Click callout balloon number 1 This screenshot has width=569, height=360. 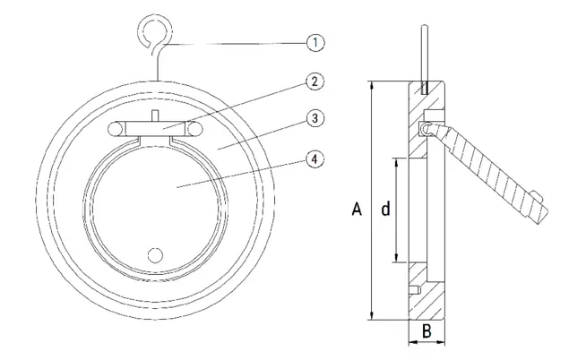(x=315, y=43)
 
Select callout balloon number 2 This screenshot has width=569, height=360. (x=315, y=81)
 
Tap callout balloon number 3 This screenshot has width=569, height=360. (x=315, y=118)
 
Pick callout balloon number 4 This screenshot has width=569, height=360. (x=315, y=159)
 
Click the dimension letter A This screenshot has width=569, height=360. (x=357, y=210)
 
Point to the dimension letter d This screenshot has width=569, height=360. (x=385, y=210)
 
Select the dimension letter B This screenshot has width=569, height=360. (x=427, y=331)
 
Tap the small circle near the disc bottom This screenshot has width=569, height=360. (x=155, y=255)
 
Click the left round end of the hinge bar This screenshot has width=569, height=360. (x=115, y=128)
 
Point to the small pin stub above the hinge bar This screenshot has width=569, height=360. (x=155, y=116)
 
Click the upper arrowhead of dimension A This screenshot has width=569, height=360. (x=372, y=84)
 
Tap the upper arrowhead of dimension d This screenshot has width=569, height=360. (x=397, y=162)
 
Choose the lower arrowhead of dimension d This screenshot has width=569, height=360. (x=397, y=258)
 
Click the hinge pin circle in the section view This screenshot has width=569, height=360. (x=426, y=128)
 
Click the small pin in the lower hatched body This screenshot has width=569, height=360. (x=414, y=291)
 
